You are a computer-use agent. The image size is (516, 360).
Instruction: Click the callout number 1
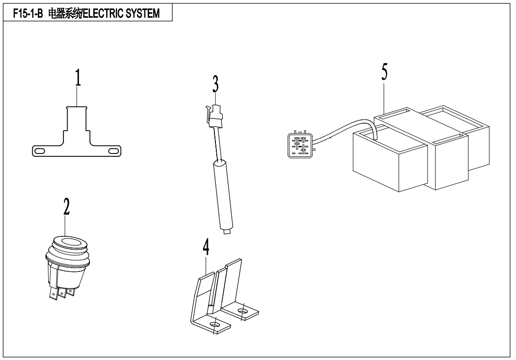[x=78, y=79]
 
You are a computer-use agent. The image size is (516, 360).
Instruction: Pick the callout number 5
[x=384, y=72]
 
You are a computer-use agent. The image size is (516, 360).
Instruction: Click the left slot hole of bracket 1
[x=40, y=151]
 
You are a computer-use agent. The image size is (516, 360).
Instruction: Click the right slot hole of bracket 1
[x=114, y=151]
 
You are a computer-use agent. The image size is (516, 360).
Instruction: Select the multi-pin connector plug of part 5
[x=300, y=144]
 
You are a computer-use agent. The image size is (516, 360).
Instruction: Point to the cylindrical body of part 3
[x=222, y=194]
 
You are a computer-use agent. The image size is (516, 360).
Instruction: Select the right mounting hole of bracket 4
[x=242, y=312]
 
